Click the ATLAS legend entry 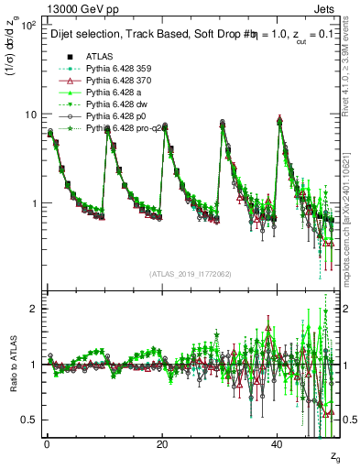[99, 56]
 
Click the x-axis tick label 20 [161, 444]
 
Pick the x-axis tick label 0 [47, 444]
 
